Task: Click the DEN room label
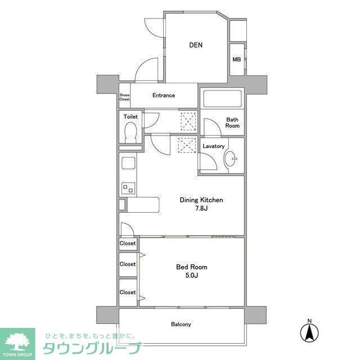tap(196, 46)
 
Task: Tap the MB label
tap(237, 59)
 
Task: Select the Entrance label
tap(164, 96)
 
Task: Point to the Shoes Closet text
tap(124, 97)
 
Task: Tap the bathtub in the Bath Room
tap(222, 100)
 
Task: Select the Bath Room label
tap(232, 122)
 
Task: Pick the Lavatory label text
tap(214, 146)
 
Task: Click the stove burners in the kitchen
tap(128, 188)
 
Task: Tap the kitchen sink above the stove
tap(128, 165)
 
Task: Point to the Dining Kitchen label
tap(201, 200)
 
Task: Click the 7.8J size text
tap(201, 209)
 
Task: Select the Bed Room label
tap(192, 267)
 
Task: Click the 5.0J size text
tap(192, 277)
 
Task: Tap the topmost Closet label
tap(128, 244)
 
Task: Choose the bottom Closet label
tap(128, 292)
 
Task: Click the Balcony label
tap(181, 325)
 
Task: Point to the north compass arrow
tap(309, 331)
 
